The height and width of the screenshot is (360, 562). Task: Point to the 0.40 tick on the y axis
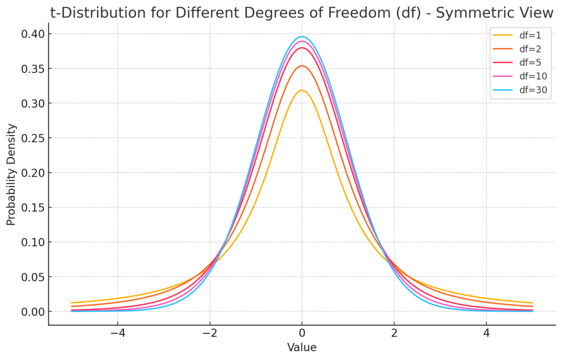click(x=33, y=34)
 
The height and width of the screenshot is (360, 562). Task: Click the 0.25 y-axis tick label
click(x=33, y=138)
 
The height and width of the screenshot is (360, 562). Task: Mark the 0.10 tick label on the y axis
click(x=33, y=242)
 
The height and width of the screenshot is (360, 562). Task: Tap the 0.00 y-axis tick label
click(x=33, y=312)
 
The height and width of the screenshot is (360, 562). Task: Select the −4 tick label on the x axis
click(x=117, y=333)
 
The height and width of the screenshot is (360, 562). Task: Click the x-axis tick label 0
click(x=302, y=333)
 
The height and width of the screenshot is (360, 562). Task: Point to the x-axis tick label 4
click(x=486, y=333)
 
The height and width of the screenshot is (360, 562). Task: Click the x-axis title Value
click(x=302, y=348)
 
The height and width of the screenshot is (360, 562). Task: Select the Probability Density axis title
click(x=12, y=174)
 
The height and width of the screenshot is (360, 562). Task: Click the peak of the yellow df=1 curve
click(x=302, y=91)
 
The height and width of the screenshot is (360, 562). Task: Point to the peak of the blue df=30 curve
click(x=302, y=37)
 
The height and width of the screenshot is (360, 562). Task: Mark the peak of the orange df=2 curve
click(x=302, y=66)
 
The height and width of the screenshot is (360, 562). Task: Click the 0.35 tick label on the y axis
click(x=33, y=69)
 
